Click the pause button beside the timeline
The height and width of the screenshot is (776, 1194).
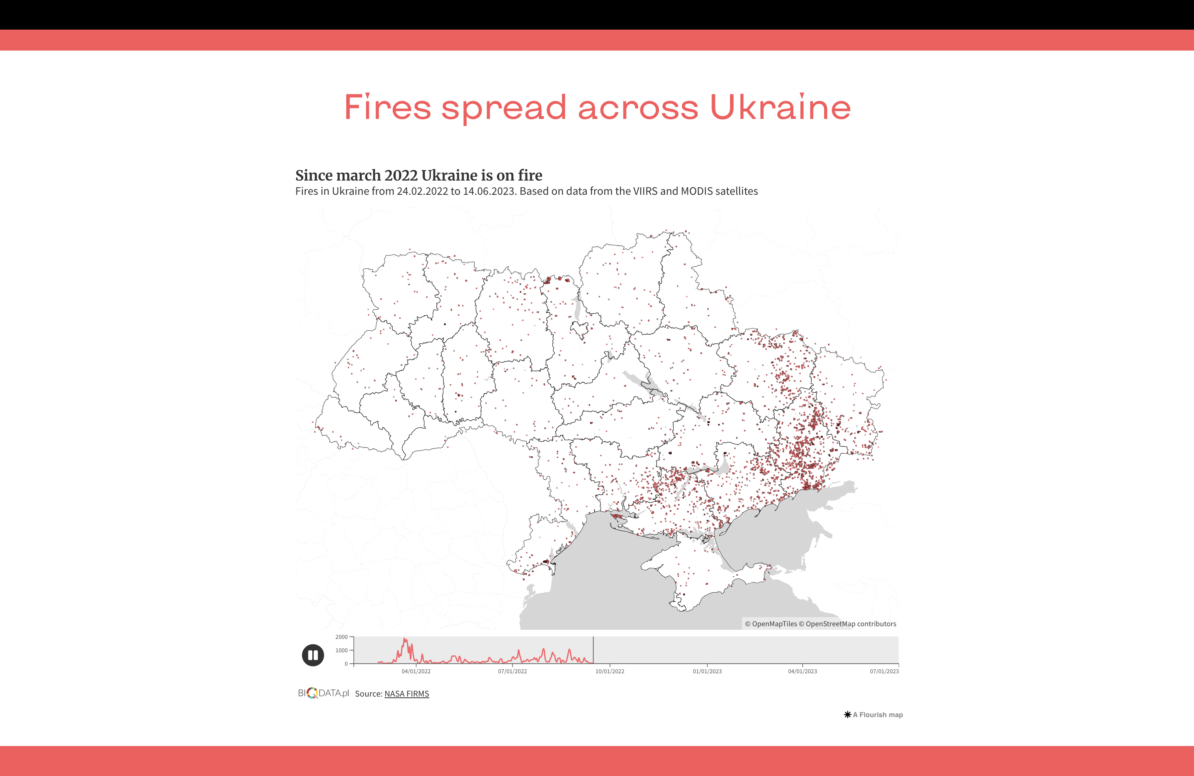tap(313, 655)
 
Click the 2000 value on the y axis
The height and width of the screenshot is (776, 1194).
tap(341, 637)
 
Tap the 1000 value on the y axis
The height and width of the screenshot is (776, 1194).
tap(341, 650)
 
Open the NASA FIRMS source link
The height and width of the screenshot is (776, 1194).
tap(406, 694)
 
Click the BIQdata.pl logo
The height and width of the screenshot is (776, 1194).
tap(323, 693)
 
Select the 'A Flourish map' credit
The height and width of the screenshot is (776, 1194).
tap(873, 715)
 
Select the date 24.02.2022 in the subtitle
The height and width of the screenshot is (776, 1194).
tap(422, 191)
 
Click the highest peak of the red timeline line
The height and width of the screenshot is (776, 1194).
tap(405, 639)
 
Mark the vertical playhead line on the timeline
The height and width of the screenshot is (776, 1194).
tap(593, 650)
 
